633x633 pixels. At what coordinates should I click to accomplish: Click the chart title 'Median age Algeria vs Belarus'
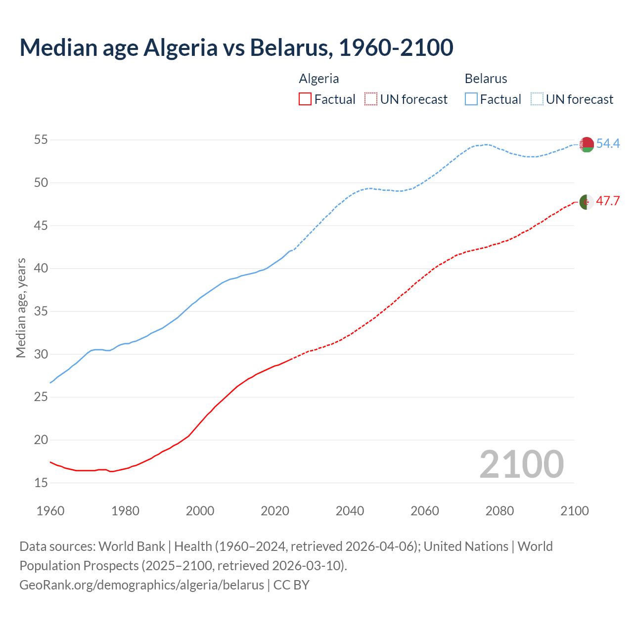[x=236, y=47]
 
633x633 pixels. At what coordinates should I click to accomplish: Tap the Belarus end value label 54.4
[x=608, y=143]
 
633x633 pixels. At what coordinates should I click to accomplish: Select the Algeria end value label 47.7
[x=608, y=201]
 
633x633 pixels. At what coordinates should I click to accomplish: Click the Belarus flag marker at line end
[x=587, y=144]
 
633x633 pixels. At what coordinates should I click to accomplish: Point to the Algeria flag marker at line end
[x=587, y=202]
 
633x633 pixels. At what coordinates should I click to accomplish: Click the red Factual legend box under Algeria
[x=305, y=99]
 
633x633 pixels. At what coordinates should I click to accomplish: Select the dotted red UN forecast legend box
[x=371, y=99]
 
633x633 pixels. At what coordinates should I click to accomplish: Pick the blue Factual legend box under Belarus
[x=471, y=99]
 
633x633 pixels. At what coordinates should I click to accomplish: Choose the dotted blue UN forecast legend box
[x=537, y=99]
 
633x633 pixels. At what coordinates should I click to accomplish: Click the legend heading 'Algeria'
[x=319, y=79]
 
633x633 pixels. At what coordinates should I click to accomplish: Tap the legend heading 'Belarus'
[x=486, y=79]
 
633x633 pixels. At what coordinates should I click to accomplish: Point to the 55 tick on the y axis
[x=41, y=140]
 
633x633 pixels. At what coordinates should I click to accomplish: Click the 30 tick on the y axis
[x=41, y=354]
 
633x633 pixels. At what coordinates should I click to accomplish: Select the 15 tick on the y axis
[x=41, y=483]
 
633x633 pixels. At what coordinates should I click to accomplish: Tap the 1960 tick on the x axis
[x=50, y=511]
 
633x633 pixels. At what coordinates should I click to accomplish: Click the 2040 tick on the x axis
[x=350, y=511]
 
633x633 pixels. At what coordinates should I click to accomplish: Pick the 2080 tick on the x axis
[x=499, y=511]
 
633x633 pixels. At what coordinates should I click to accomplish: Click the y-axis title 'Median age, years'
[x=21, y=308]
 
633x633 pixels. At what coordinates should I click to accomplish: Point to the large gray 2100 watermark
[x=521, y=464]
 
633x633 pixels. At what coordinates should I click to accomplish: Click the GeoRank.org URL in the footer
[x=141, y=585]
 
